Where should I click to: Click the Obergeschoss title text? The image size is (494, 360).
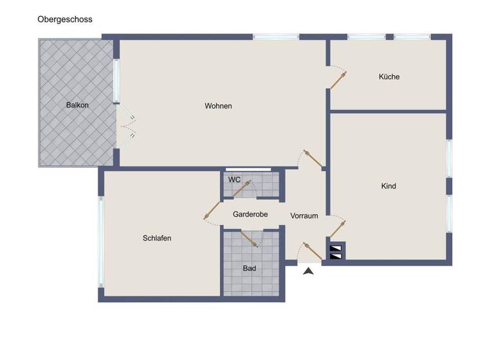click(65, 19)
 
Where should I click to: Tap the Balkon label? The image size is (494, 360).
click(77, 105)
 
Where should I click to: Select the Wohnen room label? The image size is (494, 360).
click(218, 106)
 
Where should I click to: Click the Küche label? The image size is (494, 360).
click(389, 76)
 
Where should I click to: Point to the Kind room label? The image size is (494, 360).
click(389, 186)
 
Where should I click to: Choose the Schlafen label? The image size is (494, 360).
click(157, 238)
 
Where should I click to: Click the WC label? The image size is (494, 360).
click(234, 180)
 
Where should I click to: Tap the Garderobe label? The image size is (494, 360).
click(250, 214)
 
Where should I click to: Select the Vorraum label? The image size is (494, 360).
click(304, 216)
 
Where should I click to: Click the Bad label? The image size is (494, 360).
click(250, 268)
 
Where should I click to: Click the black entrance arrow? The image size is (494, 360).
click(309, 271)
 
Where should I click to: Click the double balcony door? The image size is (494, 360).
click(126, 125)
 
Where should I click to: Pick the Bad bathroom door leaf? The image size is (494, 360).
click(250, 238)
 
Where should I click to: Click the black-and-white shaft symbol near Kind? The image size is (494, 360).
click(336, 251)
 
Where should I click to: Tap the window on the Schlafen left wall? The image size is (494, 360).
click(100, 241)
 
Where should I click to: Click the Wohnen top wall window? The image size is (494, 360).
click(276, 37)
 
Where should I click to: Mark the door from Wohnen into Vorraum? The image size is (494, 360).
click(313, 159)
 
